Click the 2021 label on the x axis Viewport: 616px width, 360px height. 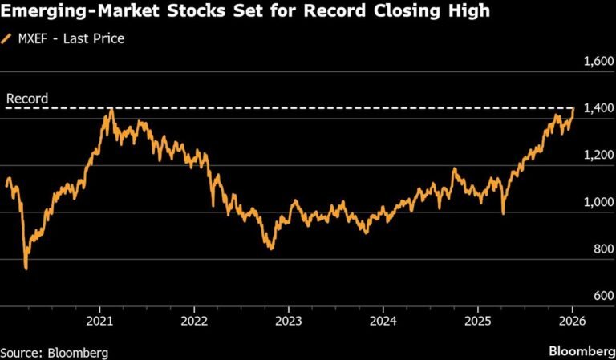pyautogui.click(x=99, y=319)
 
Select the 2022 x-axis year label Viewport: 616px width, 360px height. pyautogui.click(x=193, y=319)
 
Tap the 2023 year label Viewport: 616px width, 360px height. pyautogui.click(x=288, y=319)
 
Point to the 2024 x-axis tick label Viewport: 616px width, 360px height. pyautogui.click(x=383, y=319)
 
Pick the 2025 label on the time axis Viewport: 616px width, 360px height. pyautogui.click(x=477, y=319)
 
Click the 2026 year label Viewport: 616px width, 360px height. pyautogui.click(x=572, y=319)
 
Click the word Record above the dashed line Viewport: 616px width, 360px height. pyautogui.click(x=27, y=99)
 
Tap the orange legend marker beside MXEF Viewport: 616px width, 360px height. pyautogui.click(x=8, y=38)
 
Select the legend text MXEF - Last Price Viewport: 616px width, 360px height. pyautogui.click(x=71, y=38)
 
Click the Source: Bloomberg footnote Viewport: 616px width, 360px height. pyautogui.click(x=54, y=352)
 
